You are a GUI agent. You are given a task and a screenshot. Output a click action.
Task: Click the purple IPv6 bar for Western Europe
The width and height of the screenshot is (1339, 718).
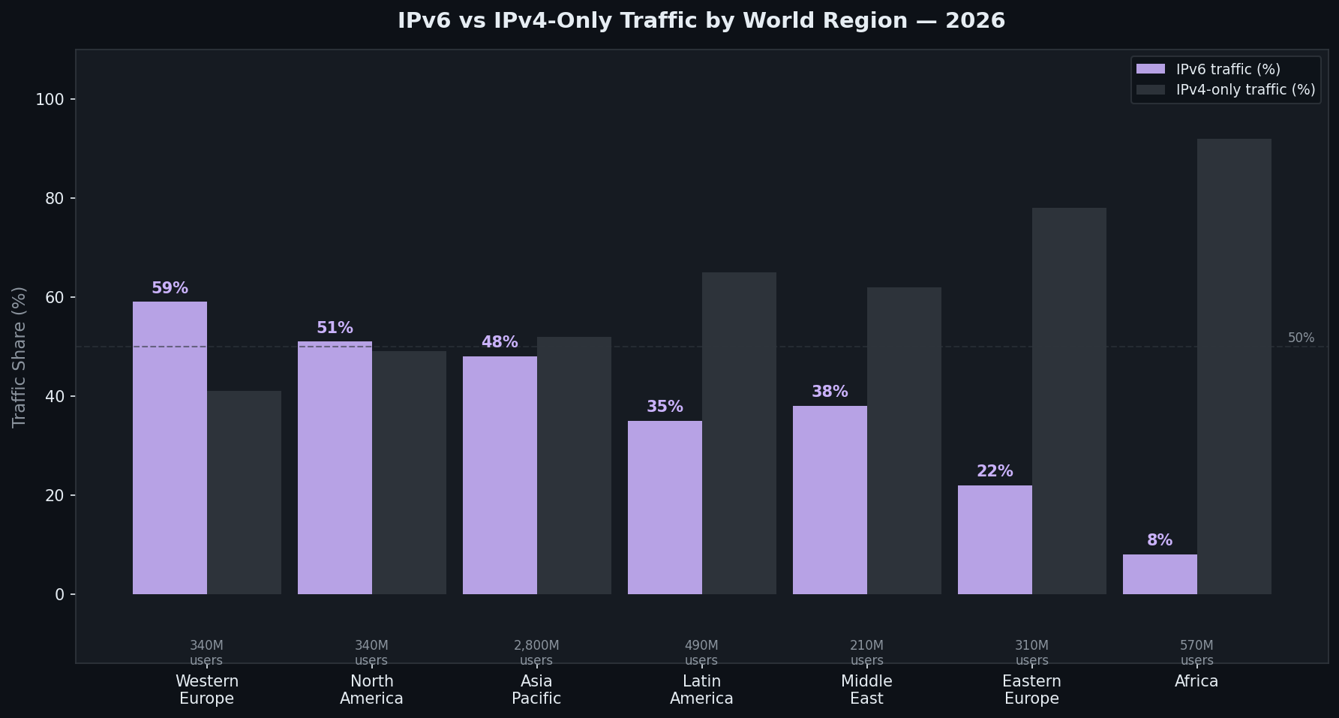pyautogui.click(x=170, y=448)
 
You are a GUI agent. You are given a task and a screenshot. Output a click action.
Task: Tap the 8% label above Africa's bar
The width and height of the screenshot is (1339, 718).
pyautogui.click(x=1159, y=540)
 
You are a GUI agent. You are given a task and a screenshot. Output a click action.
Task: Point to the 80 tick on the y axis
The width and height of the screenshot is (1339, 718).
pyautogui.click(x=55, y=199)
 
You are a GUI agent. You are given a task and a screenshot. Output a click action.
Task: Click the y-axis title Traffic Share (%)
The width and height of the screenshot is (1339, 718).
pyautogui.click(x=20, y=357)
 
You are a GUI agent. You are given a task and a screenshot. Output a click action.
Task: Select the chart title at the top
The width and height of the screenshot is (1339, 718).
pyautogui.click(x=701, y=20)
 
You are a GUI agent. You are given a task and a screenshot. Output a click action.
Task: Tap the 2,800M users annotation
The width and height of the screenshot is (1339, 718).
pyautogui.click(x=536, y=653)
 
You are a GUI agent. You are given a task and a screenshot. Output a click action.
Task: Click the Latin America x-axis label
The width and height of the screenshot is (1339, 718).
pyautogui.click(x=701, y=689)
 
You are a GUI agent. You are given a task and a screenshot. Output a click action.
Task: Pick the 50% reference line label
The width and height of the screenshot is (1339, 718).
pyautogui.click(x=1301, y=338)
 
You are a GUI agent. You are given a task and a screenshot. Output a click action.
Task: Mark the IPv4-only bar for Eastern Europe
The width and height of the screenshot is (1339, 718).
pyautogui.click(x=1069, y=401)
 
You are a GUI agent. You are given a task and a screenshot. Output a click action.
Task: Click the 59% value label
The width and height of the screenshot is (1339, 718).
pyautogui.click(x=170, y=288)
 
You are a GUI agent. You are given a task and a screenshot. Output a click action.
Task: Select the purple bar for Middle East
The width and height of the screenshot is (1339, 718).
pyautogui.click(x=830, y=500)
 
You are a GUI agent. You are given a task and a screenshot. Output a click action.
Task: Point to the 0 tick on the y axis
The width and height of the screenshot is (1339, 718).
pyautogui.click(x=60, y=595)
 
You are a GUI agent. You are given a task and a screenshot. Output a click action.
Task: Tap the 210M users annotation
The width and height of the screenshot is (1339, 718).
pyautogui.click(x=866, y=653)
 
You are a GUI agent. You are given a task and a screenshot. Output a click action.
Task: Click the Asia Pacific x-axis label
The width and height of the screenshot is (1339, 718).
pyautogui.click(x=536, y=689)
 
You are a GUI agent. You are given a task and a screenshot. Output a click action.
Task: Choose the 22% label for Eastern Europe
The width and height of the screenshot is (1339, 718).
pyautogui.click(x=995, y=471)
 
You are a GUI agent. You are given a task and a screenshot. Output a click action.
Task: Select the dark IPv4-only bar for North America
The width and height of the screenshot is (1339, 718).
pyautogui.click(x=409, y=473)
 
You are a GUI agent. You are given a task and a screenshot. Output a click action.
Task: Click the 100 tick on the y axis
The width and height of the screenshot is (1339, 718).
pyautogui.click(x=50, y=100)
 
